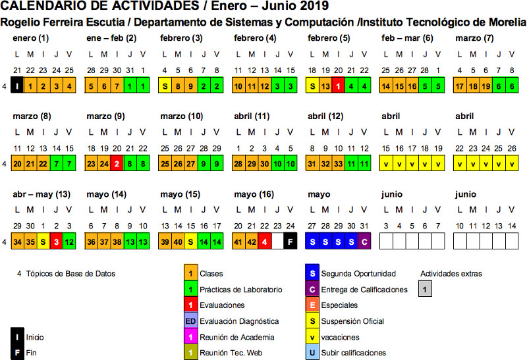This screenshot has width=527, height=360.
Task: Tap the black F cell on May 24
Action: click(x=288, y=241)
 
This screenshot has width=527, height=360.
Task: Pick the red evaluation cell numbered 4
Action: click(x=264, y=241)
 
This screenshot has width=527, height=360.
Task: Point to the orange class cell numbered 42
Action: click(x=251, y=241)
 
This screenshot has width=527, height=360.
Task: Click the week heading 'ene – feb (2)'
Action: click(x=111, y=38)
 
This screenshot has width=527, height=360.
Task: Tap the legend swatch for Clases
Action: click(x=190, y=273)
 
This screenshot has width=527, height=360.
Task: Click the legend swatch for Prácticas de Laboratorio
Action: click(x=190, y=289)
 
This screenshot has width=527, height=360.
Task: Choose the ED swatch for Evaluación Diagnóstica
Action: click(x=190, y=321)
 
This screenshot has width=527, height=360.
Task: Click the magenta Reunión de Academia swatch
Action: click(x=190, y=337)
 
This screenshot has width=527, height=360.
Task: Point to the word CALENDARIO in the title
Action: click(x=46, y=7)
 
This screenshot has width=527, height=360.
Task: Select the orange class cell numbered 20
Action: click(x=18, y=163)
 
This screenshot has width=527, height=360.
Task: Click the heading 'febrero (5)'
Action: click(x=329, y=38)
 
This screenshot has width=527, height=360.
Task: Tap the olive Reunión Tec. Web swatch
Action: click(x=190, y=353)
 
